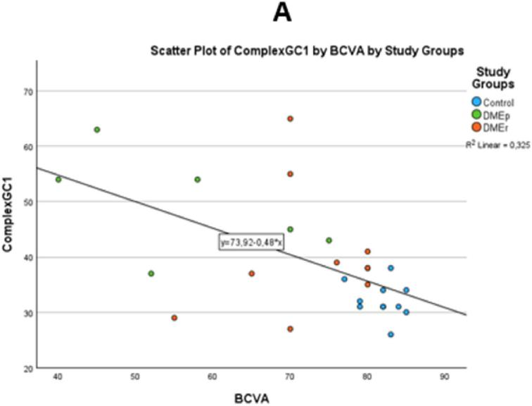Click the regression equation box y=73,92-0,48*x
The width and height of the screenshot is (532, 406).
tap(251, 242)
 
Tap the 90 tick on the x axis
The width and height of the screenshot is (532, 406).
tap(444, 377)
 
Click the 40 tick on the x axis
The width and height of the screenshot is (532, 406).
tap(58, 377)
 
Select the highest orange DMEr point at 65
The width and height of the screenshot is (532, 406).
tap(290, 118)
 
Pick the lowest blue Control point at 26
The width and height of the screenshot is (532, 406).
tap(391, 334)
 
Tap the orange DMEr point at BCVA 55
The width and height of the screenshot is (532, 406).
tap(174, 318)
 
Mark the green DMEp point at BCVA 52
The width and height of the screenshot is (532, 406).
tap(151, 273)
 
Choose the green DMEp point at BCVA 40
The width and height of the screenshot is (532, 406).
tap(58, 180)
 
